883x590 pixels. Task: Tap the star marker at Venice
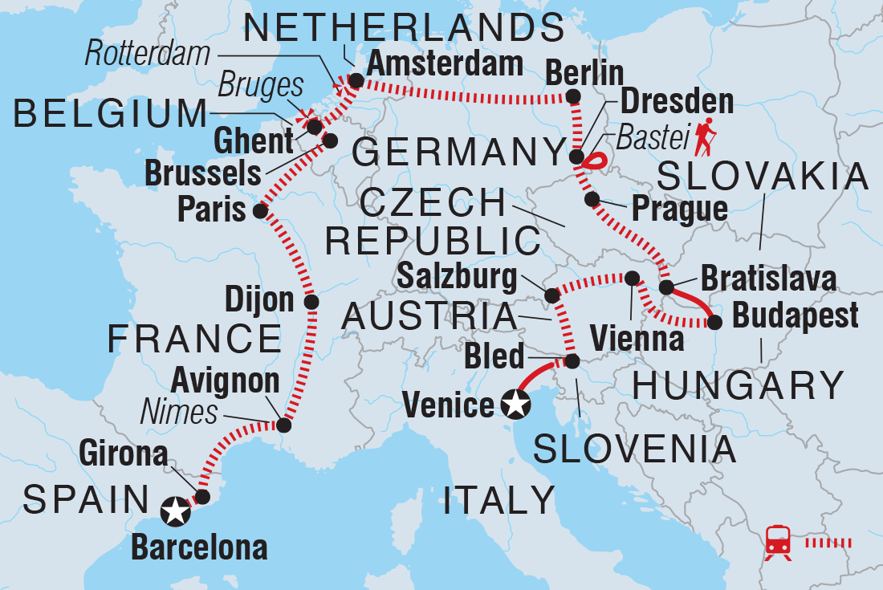[515, 405]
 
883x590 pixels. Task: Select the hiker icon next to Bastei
[707, 137]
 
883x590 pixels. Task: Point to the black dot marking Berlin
[573, 97]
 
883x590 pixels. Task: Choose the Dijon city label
[260, 300]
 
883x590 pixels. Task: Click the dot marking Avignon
[283, 425]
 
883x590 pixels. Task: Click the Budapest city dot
[714, 323]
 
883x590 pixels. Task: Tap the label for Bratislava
[768, 279]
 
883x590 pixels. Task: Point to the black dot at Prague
[592, 198]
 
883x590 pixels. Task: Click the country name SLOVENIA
[634, 450]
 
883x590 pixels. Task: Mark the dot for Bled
[572, 361]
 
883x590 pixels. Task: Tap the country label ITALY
[498, 499]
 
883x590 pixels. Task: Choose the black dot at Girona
[202, 497]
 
